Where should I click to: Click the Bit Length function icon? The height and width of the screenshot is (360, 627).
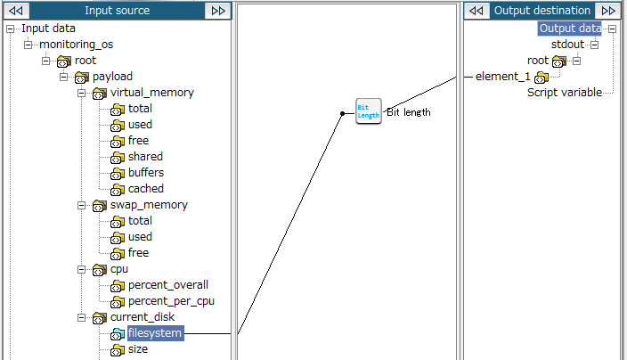pos(369,111)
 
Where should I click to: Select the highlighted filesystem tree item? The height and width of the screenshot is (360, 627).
pos(155,333)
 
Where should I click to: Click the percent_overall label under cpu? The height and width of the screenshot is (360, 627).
pos(168,285)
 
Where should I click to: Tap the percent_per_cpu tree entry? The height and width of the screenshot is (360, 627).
pos(171,301)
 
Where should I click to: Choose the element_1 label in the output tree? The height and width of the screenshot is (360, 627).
pos(502,77)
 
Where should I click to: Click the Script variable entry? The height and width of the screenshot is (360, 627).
pos(565,93)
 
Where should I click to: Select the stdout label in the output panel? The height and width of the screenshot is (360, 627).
pos(567,45)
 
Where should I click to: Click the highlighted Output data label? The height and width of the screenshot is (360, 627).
pos(570,29)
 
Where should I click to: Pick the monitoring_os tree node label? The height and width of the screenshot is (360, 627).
pos(76,45)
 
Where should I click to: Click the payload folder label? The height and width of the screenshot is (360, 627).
pos(112,77)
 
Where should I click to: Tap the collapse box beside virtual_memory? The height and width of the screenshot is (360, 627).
pos(82,93)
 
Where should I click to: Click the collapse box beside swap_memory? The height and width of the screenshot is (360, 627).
pos(82,205)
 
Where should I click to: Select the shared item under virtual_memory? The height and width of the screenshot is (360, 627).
pos(145,157)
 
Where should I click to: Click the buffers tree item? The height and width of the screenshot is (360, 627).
pos(146,172)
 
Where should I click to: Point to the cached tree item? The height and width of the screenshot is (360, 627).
pos(145,188)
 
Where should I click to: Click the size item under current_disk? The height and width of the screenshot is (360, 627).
pos(138,349)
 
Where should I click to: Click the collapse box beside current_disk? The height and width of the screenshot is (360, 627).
pos(82,317)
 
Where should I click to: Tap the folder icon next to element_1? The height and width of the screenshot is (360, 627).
pos(541,78)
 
